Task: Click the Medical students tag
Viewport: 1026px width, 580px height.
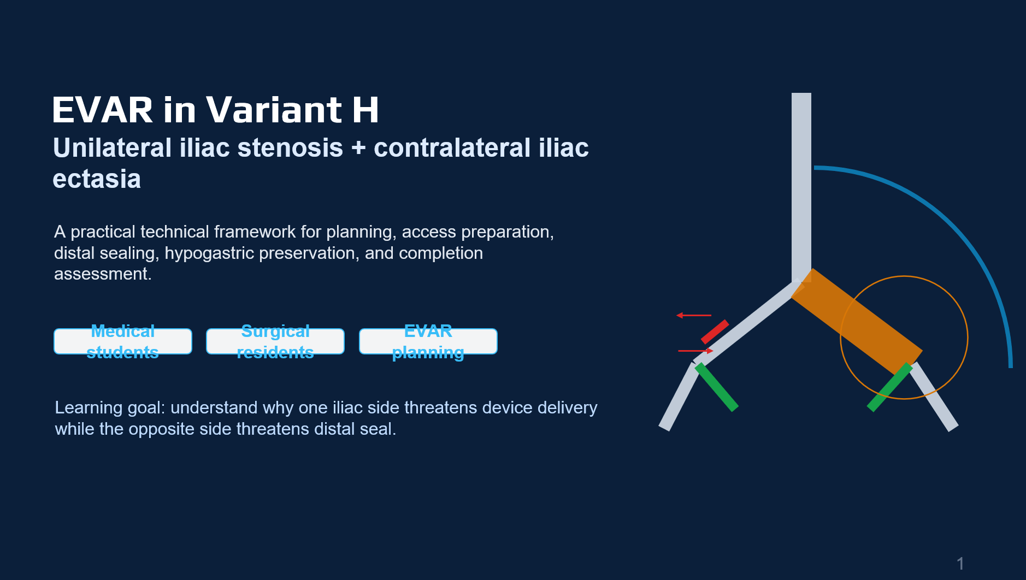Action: pyautogui.click(x=123, y=341)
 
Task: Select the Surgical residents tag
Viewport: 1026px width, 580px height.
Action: pyautogui.click(x=275, y=341)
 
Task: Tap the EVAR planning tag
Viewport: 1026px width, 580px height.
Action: pyautogui.click(x=428, y=341)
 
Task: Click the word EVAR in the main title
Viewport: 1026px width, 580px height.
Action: pyautogui.click(x=103, y=110)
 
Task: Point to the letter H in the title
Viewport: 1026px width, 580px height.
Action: pyautogui.click(x=365, y=110)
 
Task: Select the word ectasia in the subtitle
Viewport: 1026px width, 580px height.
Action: pyautogui.click(x=97, y=179)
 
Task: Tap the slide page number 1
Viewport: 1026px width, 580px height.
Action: pyautogui.click(x=960, y=564)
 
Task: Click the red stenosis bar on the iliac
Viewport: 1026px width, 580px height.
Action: pyautogui.click(x=715, y=332)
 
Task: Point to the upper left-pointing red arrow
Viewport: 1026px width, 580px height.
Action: pyautogui.click(x=694, y=315)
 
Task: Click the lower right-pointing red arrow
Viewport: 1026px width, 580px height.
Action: pyautogui.click(x=695, y=351)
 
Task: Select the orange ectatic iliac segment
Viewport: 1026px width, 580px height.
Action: pyautogui.click(x=857, y=322)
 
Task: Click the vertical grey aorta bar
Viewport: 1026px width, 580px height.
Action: pyautogui.click(x=801, y=187)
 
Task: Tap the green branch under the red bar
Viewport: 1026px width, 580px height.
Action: pyautogui.click(x=716, y=387)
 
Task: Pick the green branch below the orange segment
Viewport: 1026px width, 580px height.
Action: pyautogui.click(x=889, y=387)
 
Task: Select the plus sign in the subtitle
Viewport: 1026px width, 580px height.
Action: pyautogui.click(x=359, y=149)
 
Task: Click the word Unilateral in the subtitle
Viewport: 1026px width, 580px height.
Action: pyautogui.click(x=113, y=147)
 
